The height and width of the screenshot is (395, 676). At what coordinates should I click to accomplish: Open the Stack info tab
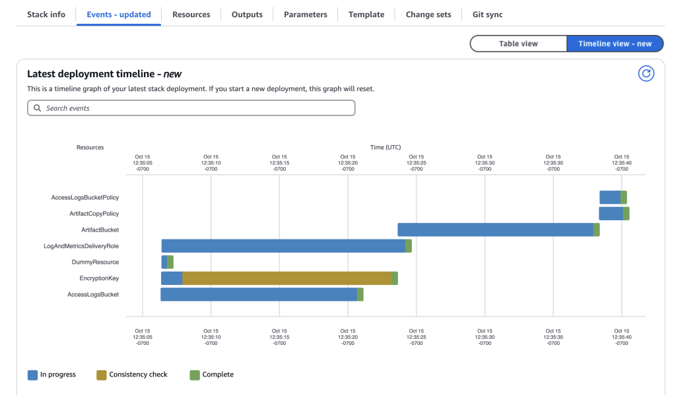46,15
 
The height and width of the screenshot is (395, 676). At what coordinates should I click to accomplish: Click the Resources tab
191,15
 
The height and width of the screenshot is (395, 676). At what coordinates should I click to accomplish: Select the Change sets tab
428,15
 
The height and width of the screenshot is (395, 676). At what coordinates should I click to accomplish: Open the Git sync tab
487,15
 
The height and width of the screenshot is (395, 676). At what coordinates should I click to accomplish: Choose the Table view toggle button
518,44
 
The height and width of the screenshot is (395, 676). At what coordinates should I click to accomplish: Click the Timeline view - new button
615,44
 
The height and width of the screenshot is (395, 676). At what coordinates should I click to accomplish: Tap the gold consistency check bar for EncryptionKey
287,278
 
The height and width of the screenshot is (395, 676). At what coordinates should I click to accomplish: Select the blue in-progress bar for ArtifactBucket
495,229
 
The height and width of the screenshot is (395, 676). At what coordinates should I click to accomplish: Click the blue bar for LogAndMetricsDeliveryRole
283,246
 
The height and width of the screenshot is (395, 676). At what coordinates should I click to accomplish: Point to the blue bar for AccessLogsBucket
259,295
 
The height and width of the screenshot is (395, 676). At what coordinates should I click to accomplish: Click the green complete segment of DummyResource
170,262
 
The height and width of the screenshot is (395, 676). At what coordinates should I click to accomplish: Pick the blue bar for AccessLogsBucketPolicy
609,197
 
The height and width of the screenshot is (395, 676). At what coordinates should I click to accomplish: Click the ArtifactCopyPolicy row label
94,214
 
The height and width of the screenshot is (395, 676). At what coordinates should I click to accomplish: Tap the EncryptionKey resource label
99,278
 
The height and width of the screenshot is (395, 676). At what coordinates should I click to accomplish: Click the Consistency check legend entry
132,375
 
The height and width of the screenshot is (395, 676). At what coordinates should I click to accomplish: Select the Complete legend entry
212,375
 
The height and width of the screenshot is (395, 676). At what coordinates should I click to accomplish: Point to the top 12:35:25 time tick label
416,163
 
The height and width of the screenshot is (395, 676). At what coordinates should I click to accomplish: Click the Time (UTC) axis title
385,147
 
